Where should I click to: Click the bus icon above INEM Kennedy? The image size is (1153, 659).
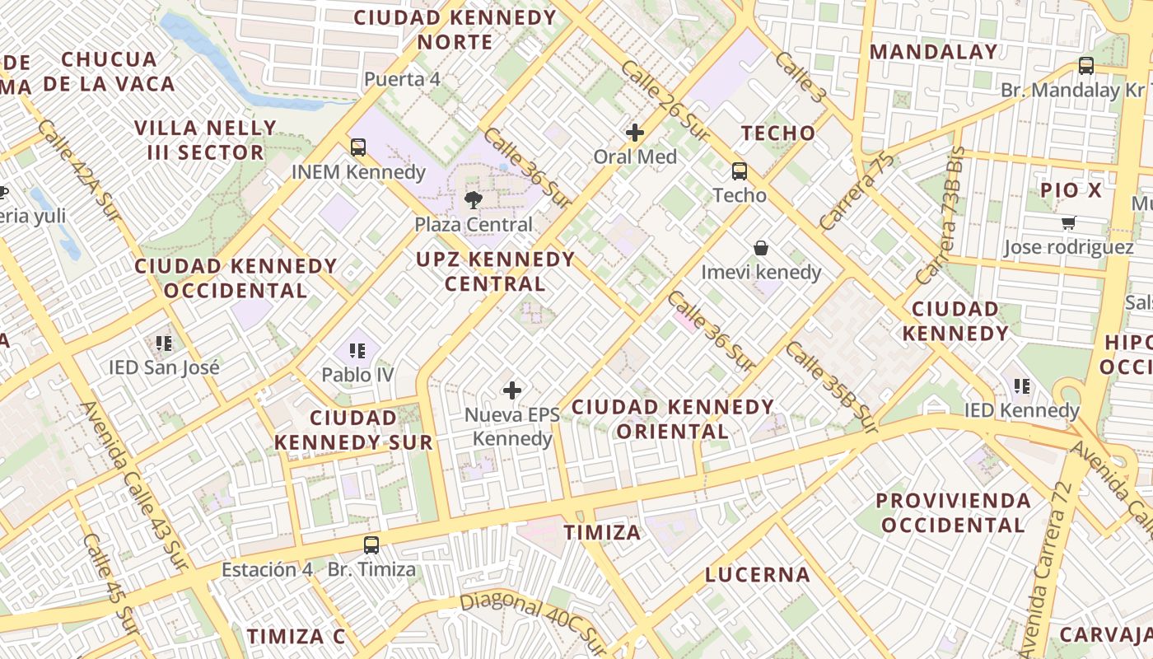358,147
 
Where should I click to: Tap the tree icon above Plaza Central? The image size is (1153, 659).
474,199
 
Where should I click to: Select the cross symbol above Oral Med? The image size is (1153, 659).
635,132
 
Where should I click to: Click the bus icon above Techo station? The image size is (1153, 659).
740,171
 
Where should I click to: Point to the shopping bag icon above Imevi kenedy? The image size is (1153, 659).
761,248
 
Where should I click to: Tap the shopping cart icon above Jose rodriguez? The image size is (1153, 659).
1069,222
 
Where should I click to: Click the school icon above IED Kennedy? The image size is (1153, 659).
1022,386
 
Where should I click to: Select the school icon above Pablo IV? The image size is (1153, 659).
357,351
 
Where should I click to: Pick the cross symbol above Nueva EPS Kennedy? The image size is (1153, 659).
512,390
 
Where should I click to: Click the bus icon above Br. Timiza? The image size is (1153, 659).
371,544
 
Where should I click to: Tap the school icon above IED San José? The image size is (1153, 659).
164,343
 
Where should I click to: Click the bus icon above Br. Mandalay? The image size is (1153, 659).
1086,66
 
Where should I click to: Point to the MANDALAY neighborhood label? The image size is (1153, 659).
934,52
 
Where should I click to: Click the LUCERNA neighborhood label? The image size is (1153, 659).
758,575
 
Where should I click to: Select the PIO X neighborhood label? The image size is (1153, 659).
1071,190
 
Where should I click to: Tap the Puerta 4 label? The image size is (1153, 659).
402,80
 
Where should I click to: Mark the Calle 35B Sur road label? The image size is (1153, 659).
831,386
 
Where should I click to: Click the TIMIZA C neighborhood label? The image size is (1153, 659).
296,636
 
